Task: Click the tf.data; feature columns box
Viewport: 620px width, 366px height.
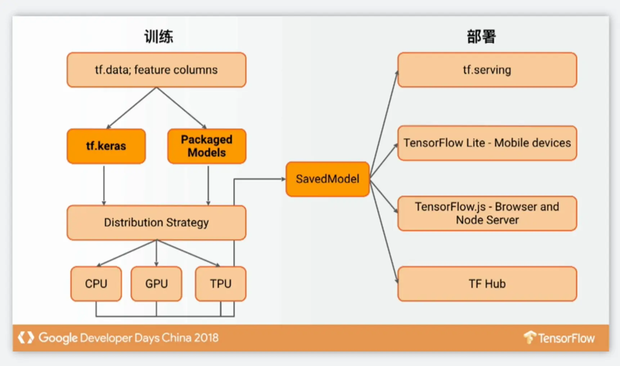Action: click(x=156, y=70)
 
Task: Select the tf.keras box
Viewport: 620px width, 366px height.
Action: click(x=106, y=146)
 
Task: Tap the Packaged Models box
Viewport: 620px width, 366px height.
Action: click(x=207, y=146)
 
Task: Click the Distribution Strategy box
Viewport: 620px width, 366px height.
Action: click(x=156, y=223)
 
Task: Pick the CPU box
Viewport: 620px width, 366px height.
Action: click(x=96, y=284)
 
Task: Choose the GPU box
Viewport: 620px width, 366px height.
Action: click(x=156, y=284)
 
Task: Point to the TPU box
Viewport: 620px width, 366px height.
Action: click(x=220, y=284)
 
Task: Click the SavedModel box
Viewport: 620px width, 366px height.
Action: click(x=328, y=179)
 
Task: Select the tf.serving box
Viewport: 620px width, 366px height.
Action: click(x=487, y=70)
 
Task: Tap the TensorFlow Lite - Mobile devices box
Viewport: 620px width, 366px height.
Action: click(x=487, y=143)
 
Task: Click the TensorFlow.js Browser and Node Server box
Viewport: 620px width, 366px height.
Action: click(x=487, y=213)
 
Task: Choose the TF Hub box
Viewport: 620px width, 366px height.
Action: click(x=487, y=284)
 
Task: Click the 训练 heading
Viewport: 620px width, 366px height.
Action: click(x=158, y=37)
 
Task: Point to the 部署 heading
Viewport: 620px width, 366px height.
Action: click(x=481, y=37)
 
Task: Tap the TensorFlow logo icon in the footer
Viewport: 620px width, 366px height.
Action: click(x=530, y=337)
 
